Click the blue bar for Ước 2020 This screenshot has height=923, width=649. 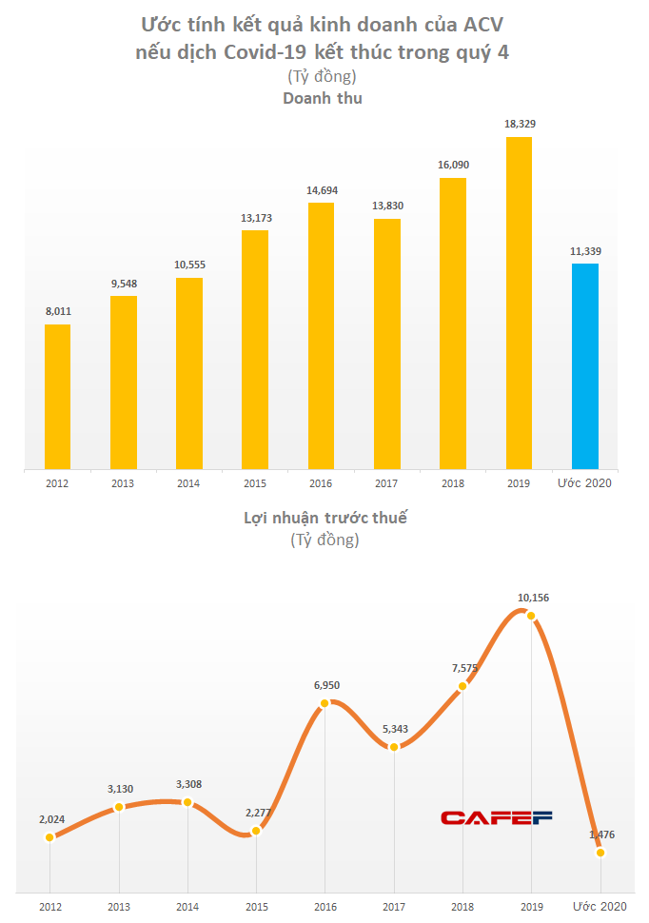tap(584, 366)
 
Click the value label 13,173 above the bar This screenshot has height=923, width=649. tap(255, 218)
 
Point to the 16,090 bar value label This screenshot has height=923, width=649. tap(453, 165)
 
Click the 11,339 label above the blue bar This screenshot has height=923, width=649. tap(584, 251)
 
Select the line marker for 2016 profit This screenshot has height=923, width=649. tap(324, 703)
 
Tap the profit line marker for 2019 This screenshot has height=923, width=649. tap(532, 615)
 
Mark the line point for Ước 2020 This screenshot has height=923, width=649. tap(600, 853)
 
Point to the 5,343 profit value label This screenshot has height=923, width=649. tap(393, 729)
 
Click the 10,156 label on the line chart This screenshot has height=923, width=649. tap(532, 598)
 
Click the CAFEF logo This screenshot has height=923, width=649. tap(496, 816)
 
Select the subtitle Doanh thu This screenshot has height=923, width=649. tap(323, 98)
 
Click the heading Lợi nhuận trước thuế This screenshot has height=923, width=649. tap(324, 519)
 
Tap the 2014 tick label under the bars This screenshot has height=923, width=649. tap(188, 483)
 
